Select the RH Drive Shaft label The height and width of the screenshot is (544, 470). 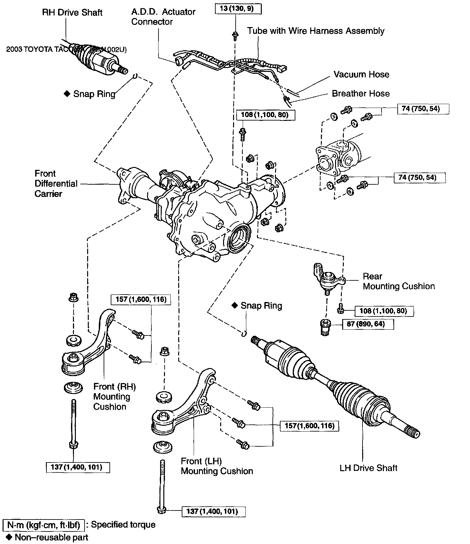[72, 13]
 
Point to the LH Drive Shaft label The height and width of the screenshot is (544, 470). [368, 468]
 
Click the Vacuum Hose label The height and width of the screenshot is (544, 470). [361, 74]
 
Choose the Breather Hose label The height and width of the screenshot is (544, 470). [361, 93]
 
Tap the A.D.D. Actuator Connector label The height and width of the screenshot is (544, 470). [163, 17]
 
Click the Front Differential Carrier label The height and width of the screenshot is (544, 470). [56, 184]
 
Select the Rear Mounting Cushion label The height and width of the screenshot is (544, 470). [398, 281]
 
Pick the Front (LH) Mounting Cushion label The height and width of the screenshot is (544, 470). [217, 466]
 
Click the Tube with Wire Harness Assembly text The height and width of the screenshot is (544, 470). [316, 31]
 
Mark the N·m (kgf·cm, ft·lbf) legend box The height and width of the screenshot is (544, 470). [44, 525]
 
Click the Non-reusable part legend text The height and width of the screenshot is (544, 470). [51, 537]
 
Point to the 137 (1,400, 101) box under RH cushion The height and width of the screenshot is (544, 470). [78, 467]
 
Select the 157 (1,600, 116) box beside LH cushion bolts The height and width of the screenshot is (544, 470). [310, 426]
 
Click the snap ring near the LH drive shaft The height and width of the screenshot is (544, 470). [244, 333]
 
